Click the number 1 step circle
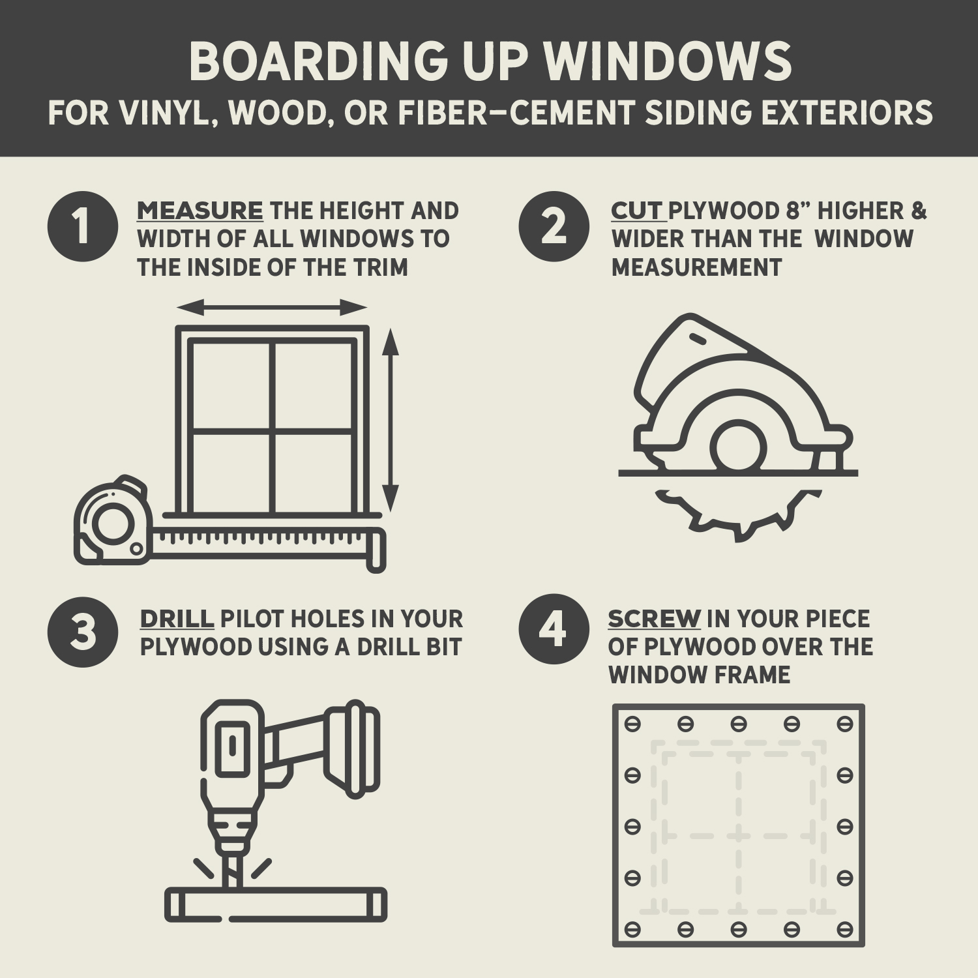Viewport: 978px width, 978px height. coord(83,226)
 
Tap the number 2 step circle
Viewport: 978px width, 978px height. coord(554,226)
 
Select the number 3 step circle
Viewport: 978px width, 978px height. coord(83,632)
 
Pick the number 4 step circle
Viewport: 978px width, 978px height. coord(554,629)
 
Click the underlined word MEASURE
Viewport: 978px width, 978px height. coord(200,211)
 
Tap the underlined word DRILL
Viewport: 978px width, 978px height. coord(177,619)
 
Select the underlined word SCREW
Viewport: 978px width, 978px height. coord(654,619)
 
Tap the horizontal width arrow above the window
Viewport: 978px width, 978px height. coord(272,307)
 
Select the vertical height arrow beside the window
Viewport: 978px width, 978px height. coord(390,421)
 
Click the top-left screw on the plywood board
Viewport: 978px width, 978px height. coord(632,724)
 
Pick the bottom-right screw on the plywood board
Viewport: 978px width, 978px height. coord(845,928)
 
